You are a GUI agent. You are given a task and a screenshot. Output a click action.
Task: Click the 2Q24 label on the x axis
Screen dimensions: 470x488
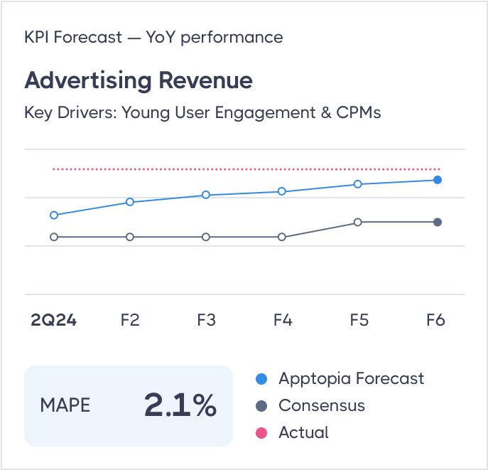click(54, 321)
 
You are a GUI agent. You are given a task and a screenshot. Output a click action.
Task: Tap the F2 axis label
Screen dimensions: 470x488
click(129, 321)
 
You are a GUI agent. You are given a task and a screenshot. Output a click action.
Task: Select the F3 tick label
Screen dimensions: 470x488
click(206, 321)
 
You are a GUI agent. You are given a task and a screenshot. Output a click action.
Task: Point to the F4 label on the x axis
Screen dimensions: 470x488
click(282, 321)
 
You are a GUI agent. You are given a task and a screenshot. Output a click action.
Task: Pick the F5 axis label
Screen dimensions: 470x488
click(359, 321)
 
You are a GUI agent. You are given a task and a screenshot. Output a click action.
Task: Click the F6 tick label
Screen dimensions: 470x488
click(435, 321)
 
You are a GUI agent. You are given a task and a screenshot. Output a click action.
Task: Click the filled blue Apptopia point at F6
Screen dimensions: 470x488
click(438, 180)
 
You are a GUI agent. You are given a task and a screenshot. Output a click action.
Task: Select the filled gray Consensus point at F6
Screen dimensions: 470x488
click(438, 222)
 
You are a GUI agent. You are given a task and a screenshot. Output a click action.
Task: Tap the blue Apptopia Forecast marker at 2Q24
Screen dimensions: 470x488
click(54, 215)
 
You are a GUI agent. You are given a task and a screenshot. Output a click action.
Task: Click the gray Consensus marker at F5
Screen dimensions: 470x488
click(358, 222)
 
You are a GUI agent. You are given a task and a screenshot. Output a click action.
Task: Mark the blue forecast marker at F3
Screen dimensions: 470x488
click(206, 195)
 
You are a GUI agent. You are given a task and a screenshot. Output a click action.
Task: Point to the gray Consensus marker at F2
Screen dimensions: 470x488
click(130, 237)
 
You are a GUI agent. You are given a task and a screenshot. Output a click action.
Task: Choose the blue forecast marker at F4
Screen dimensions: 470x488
click(282, 191)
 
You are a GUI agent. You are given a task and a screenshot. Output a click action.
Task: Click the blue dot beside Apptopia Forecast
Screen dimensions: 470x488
click(261, 379)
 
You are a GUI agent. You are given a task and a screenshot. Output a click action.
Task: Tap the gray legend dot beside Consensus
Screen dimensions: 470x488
click(261, 406)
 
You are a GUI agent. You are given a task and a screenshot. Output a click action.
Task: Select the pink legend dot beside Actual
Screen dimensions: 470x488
click(261, 433)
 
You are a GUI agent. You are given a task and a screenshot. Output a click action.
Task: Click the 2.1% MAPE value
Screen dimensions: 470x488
click(180, 405)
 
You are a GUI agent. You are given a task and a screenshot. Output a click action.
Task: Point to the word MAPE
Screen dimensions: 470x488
click(65, 406)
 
